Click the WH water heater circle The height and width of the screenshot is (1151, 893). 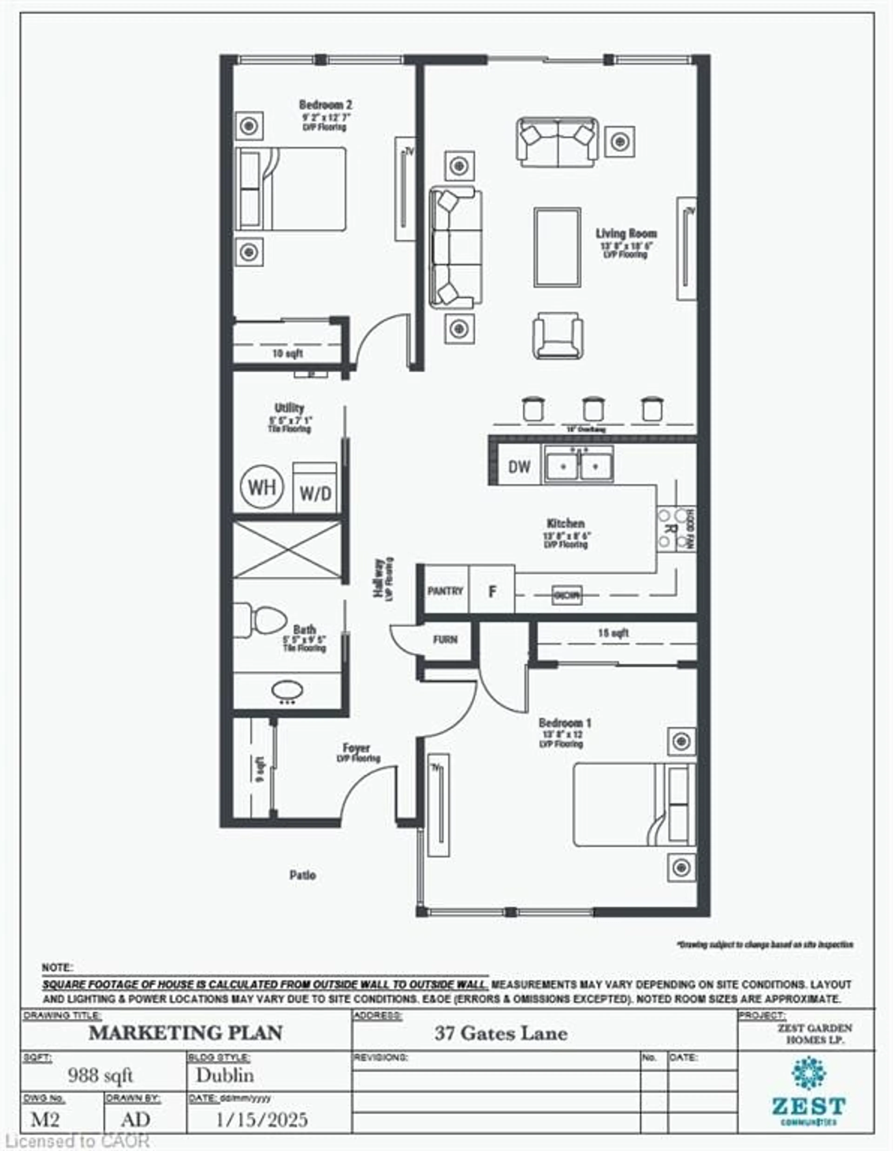[262, 487]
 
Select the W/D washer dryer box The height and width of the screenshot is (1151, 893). [314, 489]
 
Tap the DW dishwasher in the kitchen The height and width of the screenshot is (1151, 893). [519, 466]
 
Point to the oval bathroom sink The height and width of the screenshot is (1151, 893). [287, 690]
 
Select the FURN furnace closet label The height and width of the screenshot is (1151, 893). [445, 640]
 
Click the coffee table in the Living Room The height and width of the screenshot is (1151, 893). [557, 247]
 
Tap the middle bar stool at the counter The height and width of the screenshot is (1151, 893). [593, 408]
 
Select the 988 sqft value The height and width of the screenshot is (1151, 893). [100, 1076]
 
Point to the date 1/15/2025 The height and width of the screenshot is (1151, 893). [262, 1120]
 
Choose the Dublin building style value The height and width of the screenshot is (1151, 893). [225, 1075]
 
